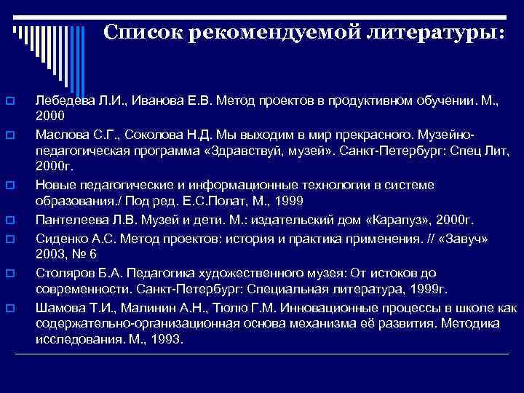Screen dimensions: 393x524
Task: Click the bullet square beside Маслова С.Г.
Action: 10,135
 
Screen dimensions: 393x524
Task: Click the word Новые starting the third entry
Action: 54,185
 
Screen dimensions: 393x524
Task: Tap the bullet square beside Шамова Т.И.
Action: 10,308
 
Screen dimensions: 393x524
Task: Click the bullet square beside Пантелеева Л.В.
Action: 10,218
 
